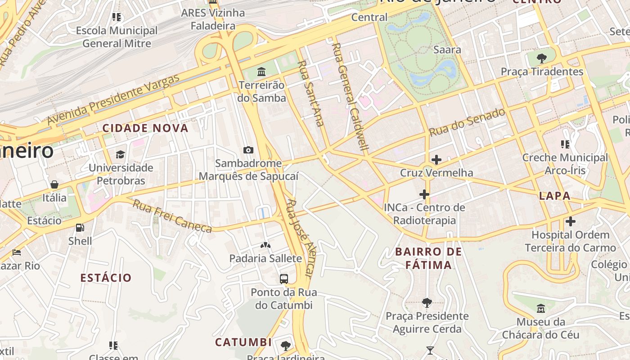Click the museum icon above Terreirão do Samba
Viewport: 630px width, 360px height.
[x=261, y=72]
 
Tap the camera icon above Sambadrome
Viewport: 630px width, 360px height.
[x=248, y=150]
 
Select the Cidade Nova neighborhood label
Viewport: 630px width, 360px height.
[x=145, y=128]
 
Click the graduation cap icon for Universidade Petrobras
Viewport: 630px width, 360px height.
[x=120, y=155]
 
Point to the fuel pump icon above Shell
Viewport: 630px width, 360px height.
[x=80, y=228]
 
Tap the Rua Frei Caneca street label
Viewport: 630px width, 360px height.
[x=172, y=216]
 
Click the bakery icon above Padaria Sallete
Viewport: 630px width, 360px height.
[x=265, y=245]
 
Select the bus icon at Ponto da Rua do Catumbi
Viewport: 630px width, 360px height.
[x=283, y=279]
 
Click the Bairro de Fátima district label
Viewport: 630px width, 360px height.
[x=428, y=258]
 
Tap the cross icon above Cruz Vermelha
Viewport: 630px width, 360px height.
[x=436, y=160]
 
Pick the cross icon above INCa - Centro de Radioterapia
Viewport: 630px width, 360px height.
[x=424, y=194]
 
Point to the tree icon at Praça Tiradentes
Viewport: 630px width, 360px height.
[x=542, y=58]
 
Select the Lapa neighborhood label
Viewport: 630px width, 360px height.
[x=554, y=196]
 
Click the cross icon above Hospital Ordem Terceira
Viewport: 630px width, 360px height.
[x=570, y=221]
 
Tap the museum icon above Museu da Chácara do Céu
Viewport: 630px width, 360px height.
[x=540, y=309]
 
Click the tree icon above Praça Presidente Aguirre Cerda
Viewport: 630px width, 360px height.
[x=427, y=303]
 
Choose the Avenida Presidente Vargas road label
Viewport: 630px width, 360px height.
[x=113, y=99]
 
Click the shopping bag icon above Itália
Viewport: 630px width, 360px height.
[x=54, y=184]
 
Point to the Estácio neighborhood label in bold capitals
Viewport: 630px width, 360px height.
[x=106, y=278]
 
